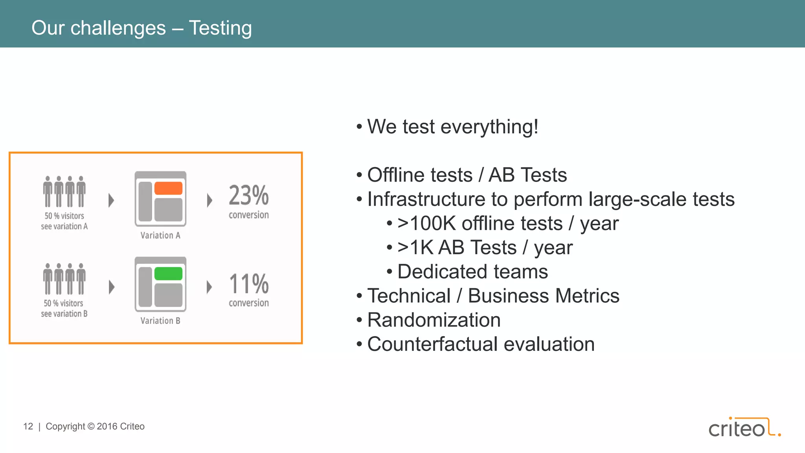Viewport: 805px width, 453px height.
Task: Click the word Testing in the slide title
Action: click(x=220, y=28)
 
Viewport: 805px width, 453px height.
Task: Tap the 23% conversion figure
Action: click(x=249, y=195)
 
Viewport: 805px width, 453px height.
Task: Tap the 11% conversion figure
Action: click(x=249, y=284)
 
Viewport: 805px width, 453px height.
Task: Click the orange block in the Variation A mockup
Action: click(x=168, y=188)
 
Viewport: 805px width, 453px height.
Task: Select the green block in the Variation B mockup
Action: click(x=168, y=274)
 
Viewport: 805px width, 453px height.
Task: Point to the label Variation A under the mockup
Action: click(x=160, y=236)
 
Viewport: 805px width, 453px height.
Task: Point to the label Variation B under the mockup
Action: click(x=160, y=321)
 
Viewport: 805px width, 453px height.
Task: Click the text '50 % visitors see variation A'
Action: click(x=64, y=221)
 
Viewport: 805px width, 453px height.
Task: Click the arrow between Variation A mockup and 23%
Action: click(x=210, y=200)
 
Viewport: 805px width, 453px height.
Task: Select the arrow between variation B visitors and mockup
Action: click(x=112, y=287)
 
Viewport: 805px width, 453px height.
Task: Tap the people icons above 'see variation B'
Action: click(x=64, y=279)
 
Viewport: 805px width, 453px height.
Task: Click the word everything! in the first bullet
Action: click(x=489, y=127)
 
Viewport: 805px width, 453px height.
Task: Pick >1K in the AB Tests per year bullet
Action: click(x=415, y=248)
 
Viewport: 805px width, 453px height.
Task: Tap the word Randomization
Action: click(x=434, y=320)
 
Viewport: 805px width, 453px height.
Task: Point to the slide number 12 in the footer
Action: click(x=28, y=427)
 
